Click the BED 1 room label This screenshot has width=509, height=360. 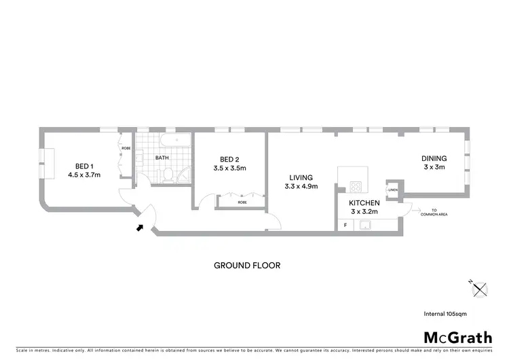point(84,170)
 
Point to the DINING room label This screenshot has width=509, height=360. point(434,162)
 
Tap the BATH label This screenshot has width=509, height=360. point(162,158)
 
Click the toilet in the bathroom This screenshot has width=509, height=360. point(166,175)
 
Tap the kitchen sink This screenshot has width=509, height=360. point(366,225)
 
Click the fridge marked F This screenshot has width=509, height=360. point(345,225)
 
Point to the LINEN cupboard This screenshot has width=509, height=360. point(393,190)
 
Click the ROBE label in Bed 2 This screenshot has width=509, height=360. point(242,202)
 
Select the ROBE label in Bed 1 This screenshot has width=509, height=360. point(126,147)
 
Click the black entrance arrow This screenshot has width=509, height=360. point(140,228)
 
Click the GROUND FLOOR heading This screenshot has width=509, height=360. point(247,266)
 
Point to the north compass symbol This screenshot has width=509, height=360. point(480,289)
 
